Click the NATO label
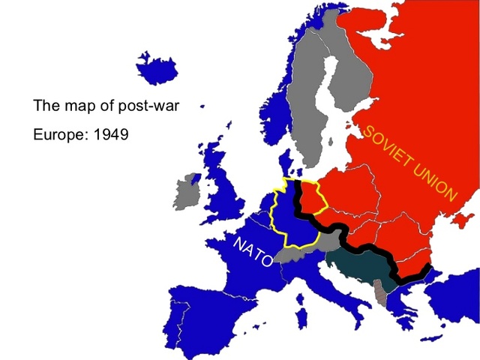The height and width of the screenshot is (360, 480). point(253,254)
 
